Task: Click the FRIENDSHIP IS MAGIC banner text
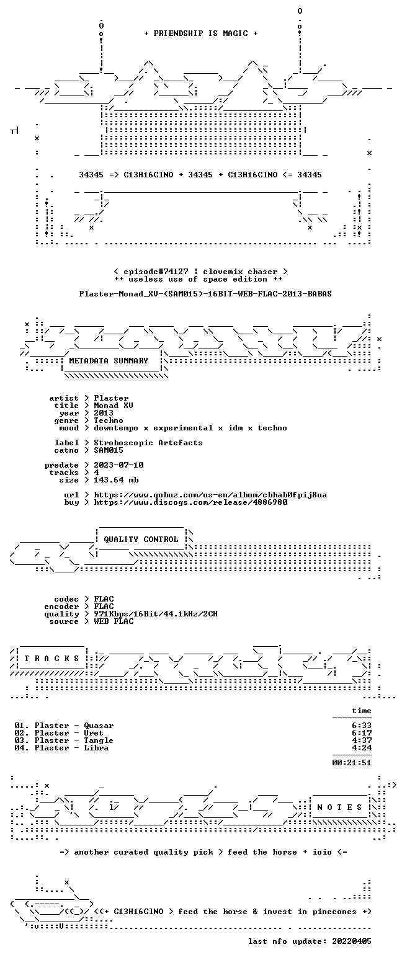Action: click(200, 33)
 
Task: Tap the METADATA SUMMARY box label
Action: click(109, 361)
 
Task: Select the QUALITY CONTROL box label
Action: click(141, 540)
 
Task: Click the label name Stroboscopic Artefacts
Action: click(148, 443)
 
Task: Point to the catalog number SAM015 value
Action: click(109, 450)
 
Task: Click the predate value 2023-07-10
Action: click(118, 465)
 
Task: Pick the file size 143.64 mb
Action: click(116, 480)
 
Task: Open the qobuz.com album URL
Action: click(210, 495)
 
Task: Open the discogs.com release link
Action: click(190, 502)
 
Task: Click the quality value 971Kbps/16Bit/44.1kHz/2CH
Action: click(156, 614)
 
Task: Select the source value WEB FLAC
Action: click(114, 621)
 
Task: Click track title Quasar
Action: click(99, 726)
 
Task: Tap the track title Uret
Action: click(94, 733)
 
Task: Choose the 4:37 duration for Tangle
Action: click(361, 740)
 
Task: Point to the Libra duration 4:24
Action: click(361, 748)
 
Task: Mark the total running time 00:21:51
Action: click(351, 762)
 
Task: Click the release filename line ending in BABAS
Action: click(205, 294)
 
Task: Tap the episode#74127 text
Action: click(156, 272)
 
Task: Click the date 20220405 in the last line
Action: click(351, 941)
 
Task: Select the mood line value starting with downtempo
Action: click(190, 428)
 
